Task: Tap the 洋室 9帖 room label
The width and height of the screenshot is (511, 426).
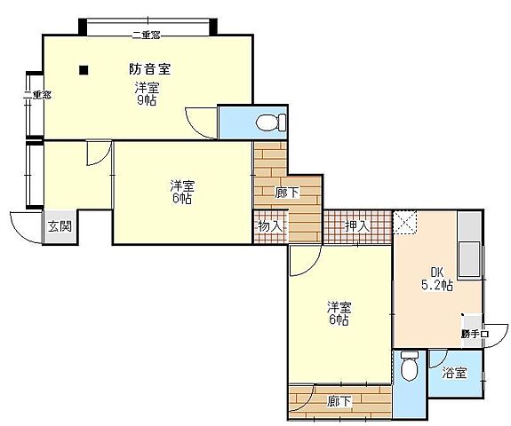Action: [x=148, y=94]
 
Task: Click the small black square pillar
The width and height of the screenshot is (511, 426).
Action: [x=83, y=69]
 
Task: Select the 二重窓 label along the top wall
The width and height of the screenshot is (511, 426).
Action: [x=145, y=35]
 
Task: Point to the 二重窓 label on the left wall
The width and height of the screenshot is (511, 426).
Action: [x=36, y=95]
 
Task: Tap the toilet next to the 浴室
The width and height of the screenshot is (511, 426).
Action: [x=409, y=367]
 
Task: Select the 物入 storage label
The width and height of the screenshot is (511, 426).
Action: [x=270, y=226]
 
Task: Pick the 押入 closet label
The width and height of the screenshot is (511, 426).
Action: [x=356, y=226]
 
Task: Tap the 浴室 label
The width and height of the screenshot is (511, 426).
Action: [x=454, y=374]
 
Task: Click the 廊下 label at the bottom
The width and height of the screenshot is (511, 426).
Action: [x=339, y=402]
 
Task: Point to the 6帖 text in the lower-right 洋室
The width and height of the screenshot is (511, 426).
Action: [x=339, y=320]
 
